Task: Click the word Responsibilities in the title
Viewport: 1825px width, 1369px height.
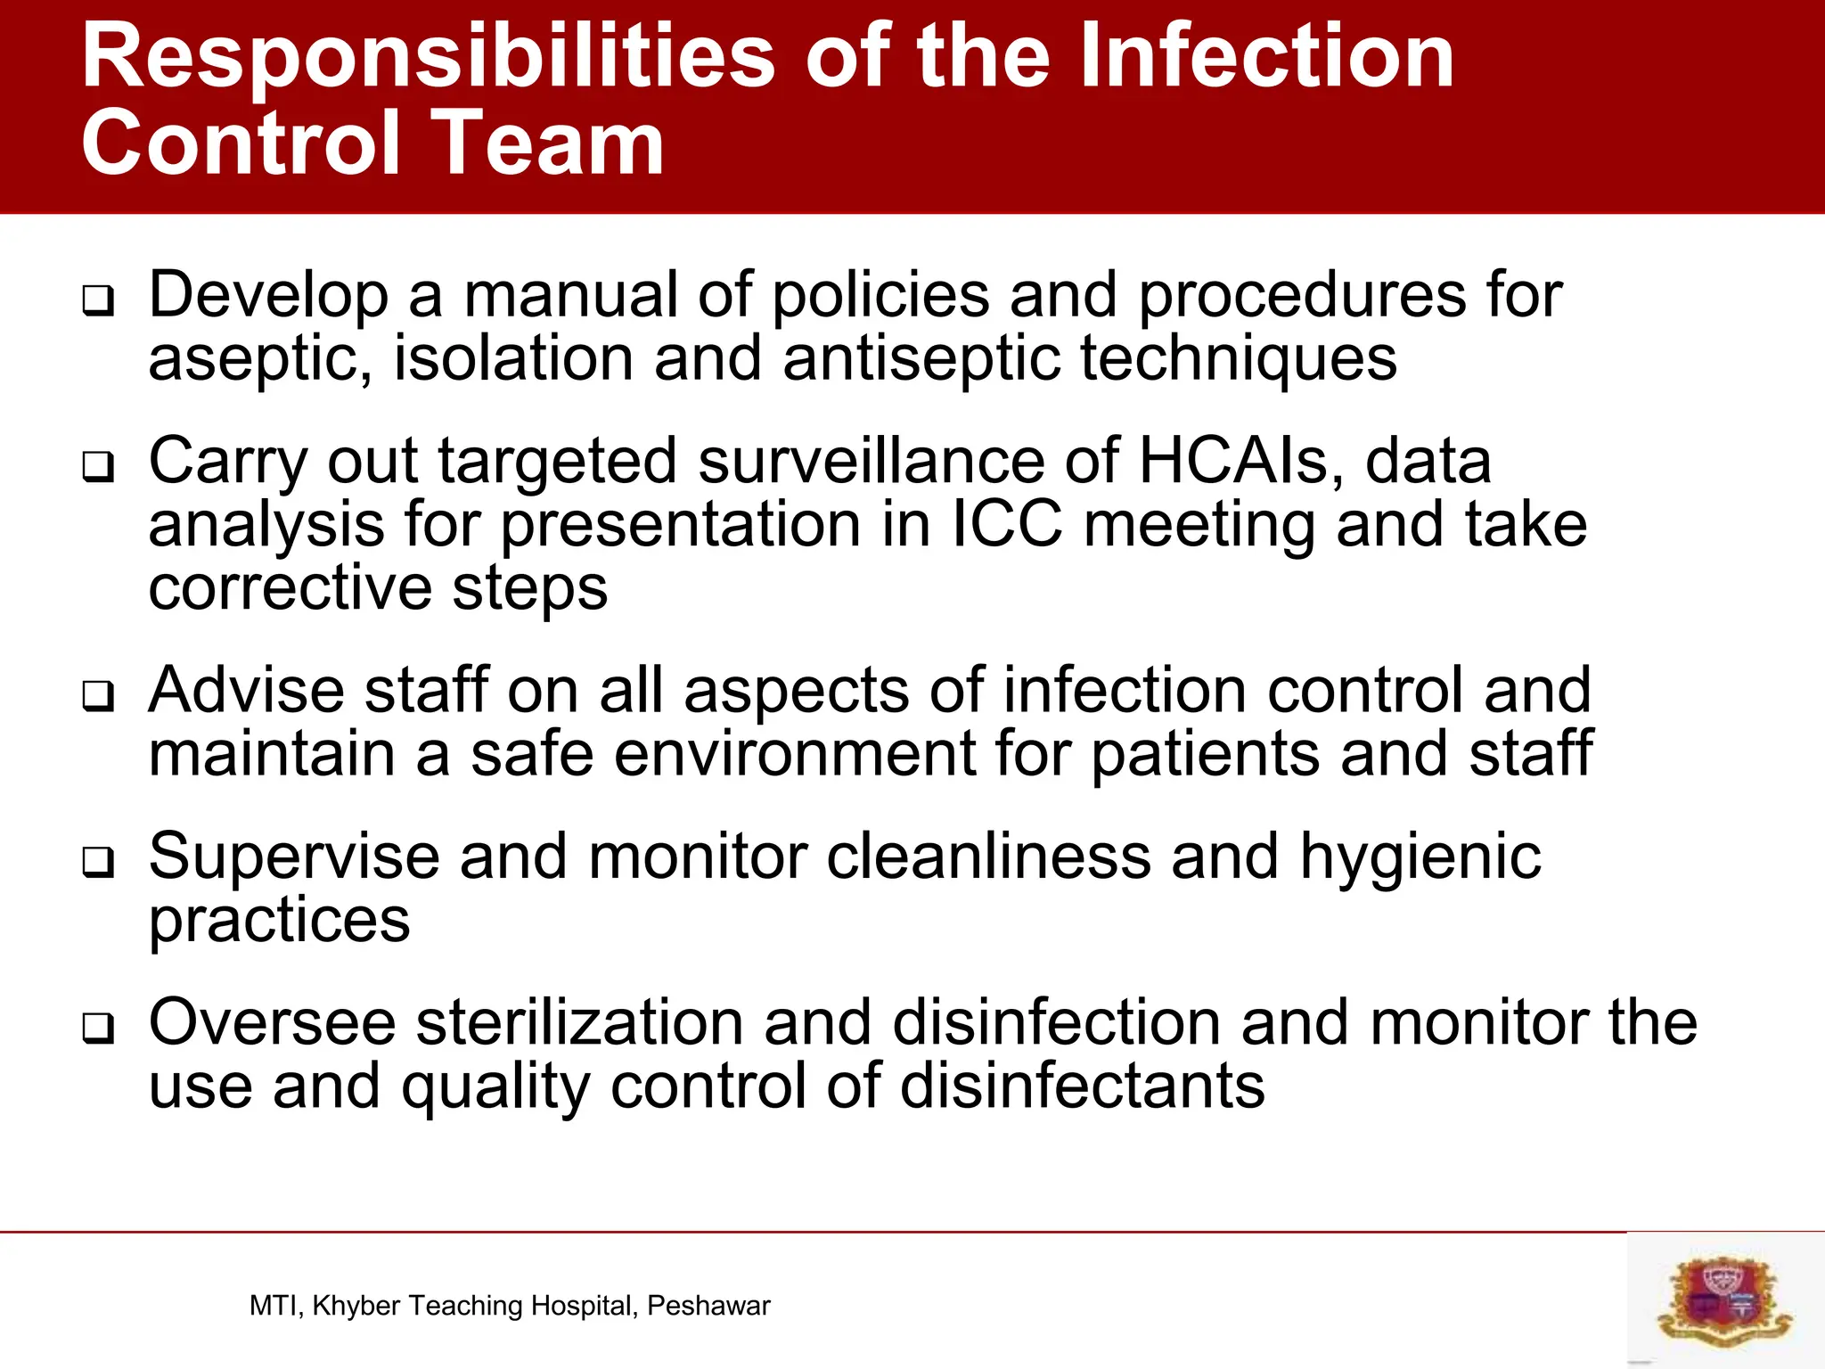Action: [x=428, y=58]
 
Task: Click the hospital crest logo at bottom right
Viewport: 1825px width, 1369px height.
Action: [x=1725, y=1300]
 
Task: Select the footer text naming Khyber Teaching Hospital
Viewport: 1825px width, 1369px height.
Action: [x=509, y=1306]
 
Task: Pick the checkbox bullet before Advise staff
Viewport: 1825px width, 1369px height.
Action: [x=98, y=696]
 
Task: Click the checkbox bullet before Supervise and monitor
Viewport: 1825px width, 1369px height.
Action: [x=98, y=862]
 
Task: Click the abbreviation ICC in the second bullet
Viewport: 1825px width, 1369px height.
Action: [x=1007, y=525]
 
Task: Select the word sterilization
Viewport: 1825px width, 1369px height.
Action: [x=579, y=1022]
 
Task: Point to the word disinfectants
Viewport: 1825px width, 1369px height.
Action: [x=1082, y=1086]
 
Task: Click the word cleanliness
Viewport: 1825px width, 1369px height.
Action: [x=988, y=857]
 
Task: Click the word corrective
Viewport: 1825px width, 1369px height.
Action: [x=290, y=588]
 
